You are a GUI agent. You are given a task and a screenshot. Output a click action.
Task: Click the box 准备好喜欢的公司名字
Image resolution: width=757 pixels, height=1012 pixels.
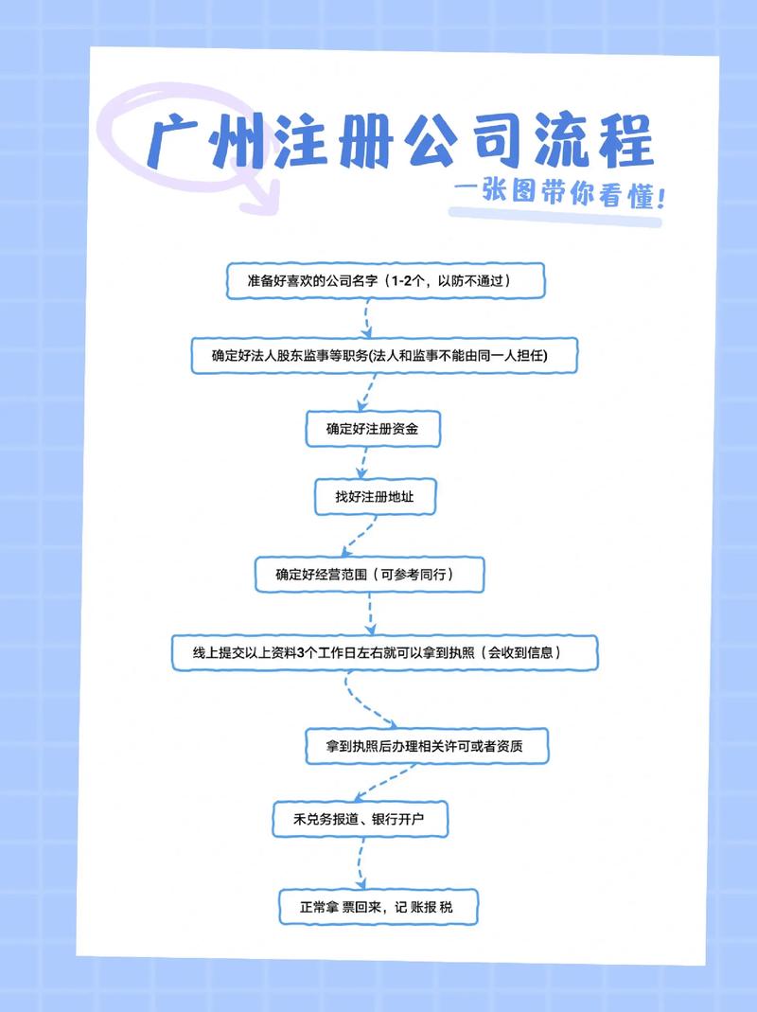coord(387,281)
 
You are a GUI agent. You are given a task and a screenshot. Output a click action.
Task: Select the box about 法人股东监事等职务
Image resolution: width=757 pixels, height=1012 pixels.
coord(381,355)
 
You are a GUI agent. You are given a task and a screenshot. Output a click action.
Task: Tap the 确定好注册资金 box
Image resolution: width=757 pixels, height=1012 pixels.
coord(373,429)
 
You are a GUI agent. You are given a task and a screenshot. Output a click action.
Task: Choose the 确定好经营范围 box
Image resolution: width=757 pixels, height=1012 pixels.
coord(370,574)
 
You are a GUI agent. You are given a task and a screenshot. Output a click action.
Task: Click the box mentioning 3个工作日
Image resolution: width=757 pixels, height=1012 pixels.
coord(384,652)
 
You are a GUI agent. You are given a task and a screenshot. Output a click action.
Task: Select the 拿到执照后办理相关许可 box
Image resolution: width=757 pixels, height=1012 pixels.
coord(426,747)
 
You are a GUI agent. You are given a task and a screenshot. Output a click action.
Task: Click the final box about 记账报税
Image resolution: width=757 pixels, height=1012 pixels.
coord(378,907)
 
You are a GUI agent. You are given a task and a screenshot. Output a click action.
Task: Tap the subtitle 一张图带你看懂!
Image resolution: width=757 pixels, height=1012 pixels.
coord(558,197)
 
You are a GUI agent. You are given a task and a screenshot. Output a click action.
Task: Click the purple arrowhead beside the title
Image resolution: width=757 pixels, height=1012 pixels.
coord(257,196)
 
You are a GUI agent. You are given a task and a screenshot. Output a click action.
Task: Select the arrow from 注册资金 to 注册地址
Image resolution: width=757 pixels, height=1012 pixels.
coord(361,463)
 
